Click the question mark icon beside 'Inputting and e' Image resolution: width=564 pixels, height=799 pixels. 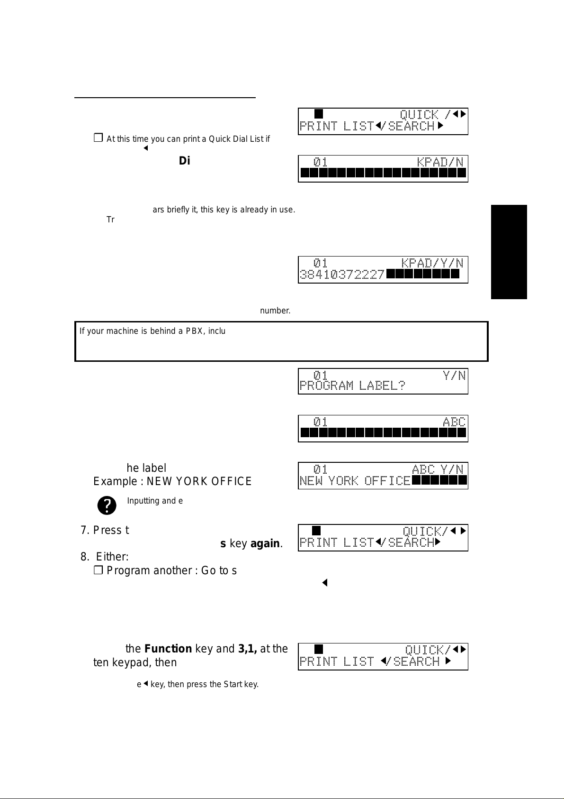coord(107,505)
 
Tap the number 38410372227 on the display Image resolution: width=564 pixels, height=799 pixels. coord(342,275)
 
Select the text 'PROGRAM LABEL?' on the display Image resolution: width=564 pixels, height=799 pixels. coord(352,386)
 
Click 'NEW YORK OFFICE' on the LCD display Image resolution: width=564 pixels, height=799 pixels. coord(355,481)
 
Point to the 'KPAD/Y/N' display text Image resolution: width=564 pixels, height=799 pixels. coord(432,263)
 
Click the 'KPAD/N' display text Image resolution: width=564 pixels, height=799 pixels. coord(440,162)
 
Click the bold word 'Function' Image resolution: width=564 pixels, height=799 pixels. coord(168,649)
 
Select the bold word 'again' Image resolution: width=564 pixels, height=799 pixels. coord(265,543)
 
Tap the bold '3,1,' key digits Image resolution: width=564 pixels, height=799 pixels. coord(248,649)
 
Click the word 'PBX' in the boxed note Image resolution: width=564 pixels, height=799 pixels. coord(194,331)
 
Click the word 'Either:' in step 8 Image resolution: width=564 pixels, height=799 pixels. coord(112,557)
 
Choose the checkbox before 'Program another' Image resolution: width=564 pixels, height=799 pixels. coord(98,570)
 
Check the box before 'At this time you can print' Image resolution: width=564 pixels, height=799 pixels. coord(98,138)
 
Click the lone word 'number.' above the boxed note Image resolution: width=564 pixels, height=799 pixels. coord(275,311)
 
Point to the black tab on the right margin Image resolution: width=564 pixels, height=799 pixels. coord(509,252)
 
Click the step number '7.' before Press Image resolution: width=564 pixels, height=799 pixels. coord(85,530)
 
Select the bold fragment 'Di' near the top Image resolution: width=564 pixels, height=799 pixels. coord(184,161)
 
